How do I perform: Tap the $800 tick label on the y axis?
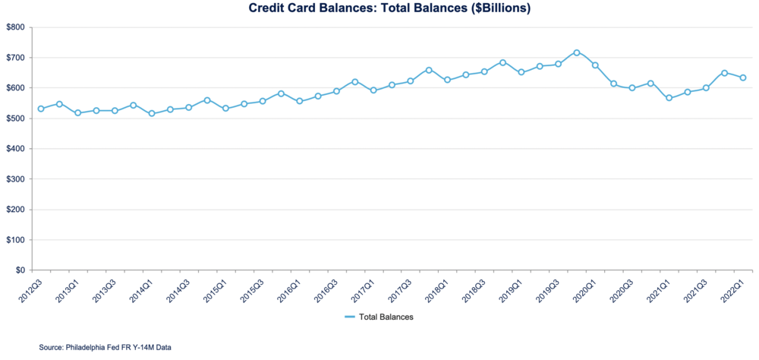15,27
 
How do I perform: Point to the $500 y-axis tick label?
15,118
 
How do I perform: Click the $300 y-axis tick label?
15,179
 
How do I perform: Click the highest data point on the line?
577,52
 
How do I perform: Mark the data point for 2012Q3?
41,109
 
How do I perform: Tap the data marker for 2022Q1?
743,77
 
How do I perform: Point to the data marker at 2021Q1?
669,98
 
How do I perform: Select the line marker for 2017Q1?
373,90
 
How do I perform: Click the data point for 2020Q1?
595,65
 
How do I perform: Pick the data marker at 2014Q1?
152,113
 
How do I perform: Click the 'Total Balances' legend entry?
386,317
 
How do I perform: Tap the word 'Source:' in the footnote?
52,348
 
